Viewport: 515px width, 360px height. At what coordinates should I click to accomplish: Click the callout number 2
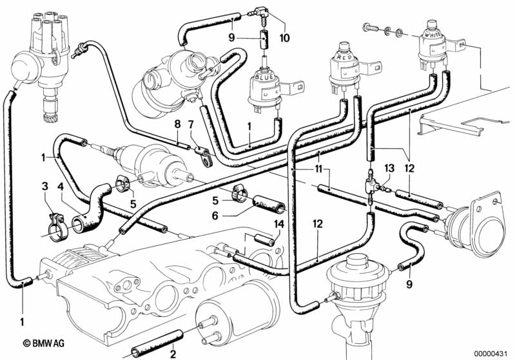point(173,354)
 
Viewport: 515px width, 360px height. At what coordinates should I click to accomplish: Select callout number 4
point(61,187)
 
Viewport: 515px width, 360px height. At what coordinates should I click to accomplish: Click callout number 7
point(191,124)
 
